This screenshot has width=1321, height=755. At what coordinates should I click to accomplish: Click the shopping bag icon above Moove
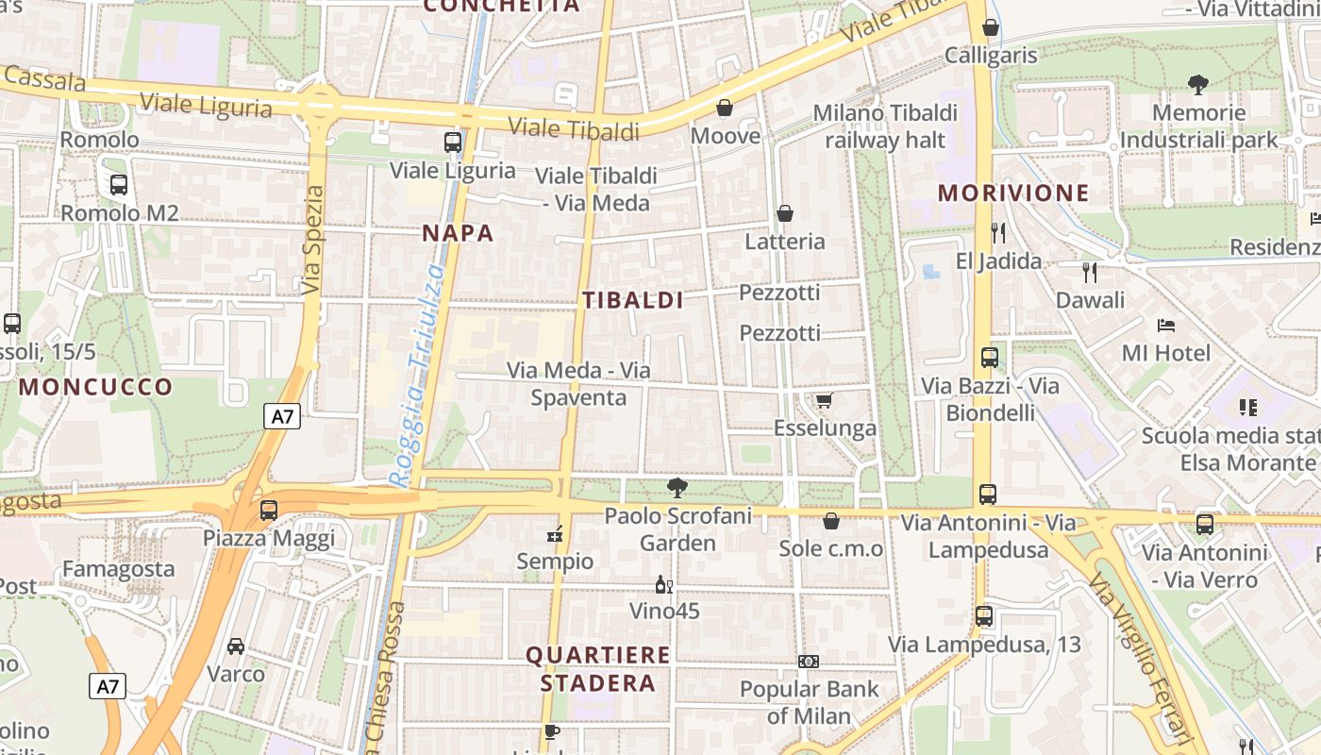[725, 109]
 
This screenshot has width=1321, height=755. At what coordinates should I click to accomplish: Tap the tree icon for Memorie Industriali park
[1198, 85]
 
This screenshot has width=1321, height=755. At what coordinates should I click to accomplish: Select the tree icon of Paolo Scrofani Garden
[677, 488]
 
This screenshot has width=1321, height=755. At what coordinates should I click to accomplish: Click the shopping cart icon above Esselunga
[825, 401]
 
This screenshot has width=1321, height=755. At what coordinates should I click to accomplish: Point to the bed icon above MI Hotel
[1166, 326]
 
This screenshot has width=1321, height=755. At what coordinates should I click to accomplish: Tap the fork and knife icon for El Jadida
[998, 232]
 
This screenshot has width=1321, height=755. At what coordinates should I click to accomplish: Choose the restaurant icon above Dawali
[1090, 273]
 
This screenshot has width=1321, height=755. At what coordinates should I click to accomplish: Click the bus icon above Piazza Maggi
[269, 511]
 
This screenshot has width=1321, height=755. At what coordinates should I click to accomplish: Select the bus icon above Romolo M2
[119, 185]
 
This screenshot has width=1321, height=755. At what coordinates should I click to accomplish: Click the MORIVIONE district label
[1013, 193]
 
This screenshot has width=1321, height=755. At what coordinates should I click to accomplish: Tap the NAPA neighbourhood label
[458, 233]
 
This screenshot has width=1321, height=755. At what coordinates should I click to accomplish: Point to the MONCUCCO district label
[96, 387]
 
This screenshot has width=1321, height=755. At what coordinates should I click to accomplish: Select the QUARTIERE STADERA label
[598, 668]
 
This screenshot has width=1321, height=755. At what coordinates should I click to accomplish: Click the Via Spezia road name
[314, 240]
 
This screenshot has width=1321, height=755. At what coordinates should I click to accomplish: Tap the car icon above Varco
[236, 646]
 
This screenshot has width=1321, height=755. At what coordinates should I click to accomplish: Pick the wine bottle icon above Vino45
[664, 585]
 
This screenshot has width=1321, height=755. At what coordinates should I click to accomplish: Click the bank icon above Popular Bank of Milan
[809, 662]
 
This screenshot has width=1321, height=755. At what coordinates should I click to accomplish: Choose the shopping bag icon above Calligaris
[991, 27]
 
